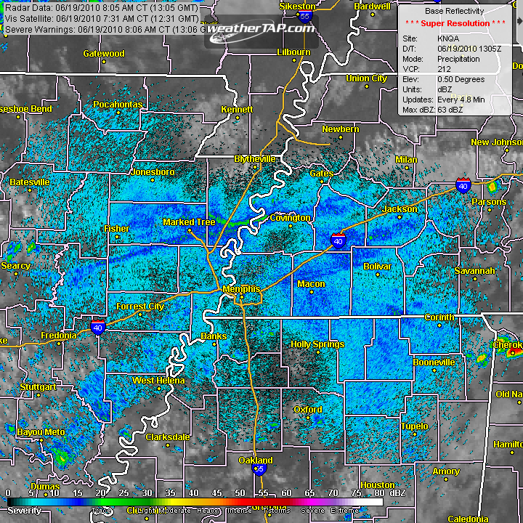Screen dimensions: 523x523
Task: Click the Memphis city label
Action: click(241, 289)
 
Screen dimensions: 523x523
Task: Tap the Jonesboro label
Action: click(153, 172)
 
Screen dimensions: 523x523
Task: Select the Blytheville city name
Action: click(255, 158)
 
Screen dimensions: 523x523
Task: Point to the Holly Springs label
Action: click(317, 344)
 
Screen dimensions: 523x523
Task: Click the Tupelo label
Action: click(414, 426)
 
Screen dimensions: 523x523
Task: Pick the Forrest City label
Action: click(140, 307)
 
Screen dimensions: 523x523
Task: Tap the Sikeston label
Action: click(298, 6)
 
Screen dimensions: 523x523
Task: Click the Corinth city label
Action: click(439, 317)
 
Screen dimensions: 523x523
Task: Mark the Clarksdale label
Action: click(168, 437)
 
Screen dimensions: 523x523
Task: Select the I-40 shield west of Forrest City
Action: click(99, 328)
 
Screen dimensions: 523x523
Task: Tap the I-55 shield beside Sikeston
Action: click(305, 15)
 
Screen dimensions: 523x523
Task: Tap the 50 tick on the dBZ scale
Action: click(240, 494)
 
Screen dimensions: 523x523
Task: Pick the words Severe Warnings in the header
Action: click(35, 30)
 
